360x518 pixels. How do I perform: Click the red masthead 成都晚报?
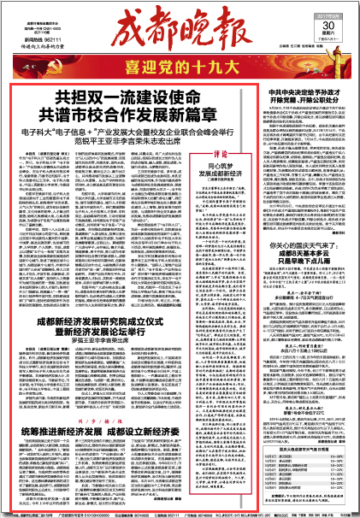[185, 32]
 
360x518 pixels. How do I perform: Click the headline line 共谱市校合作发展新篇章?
[134, 113]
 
